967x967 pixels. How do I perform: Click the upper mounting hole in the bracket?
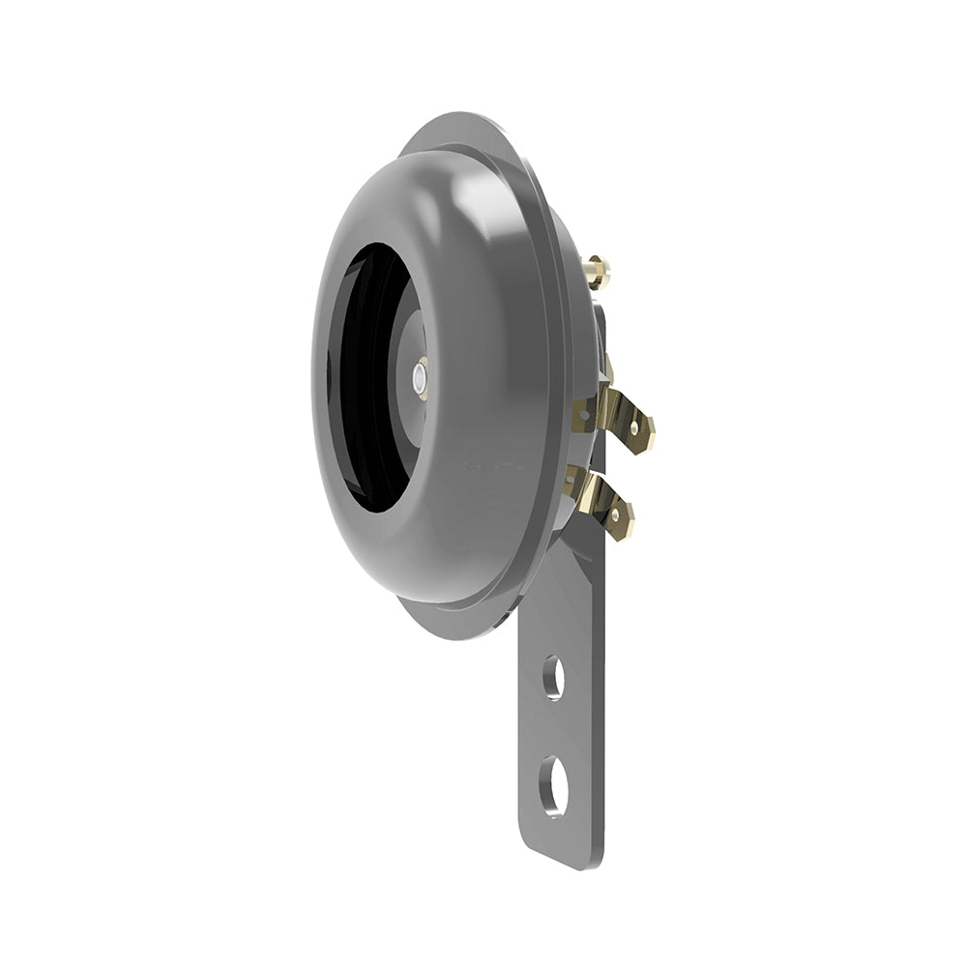553,677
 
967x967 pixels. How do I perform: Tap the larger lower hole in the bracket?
554,784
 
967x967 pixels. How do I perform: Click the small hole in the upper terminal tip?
634,426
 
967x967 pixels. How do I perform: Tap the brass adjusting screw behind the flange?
597,271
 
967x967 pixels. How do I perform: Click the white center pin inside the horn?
419,379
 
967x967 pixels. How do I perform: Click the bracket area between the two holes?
554,730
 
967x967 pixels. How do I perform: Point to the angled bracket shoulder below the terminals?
580,561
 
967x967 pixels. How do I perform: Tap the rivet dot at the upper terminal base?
583,416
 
